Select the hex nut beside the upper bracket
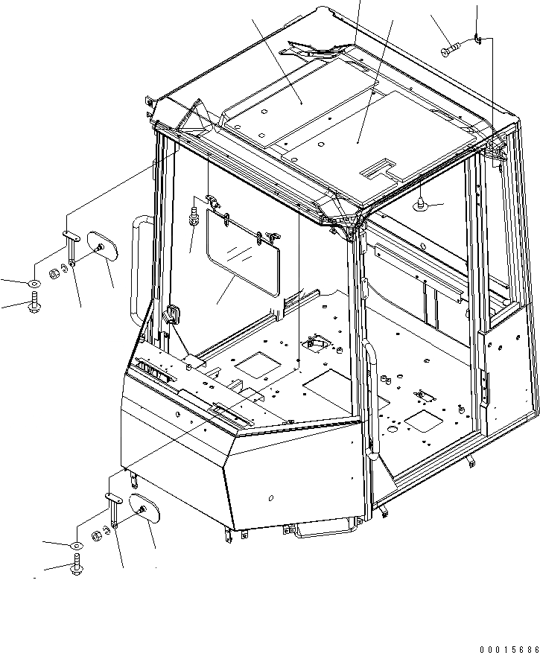click(54, 274)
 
